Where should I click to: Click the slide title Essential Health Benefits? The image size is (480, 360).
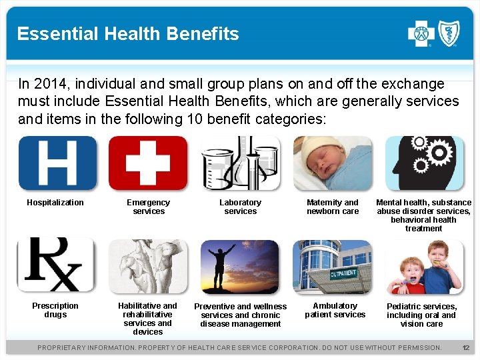pyautogui.click(x=128, y=34)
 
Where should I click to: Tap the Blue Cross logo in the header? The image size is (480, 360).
pyautogui.click(x=421, y=33)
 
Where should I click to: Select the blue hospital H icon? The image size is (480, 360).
pyautogui.click(x=57, y=163)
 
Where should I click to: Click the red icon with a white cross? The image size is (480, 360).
pyautogui.click(x=148, y=163)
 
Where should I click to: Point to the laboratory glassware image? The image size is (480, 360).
pyautogui.click(x=241, y=163)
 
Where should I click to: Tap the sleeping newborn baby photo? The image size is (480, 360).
pyautogui.click(x=333, y=163)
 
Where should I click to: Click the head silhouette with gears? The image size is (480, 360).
pyautogui.click(x=425, y=163)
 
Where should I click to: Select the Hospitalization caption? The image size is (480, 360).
pyautogui.click(x=55, y=203)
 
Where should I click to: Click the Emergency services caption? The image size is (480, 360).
pyautogui.click(x=149, y=207)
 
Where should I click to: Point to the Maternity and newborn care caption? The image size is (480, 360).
pyautogui.click(x=333, y=207)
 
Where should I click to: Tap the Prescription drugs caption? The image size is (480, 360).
pyautogui.click(x=55, y=310)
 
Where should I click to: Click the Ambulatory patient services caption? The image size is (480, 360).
pyautogui.click(x=335, y=310)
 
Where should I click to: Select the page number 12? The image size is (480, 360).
pyautogui.click(x=466, y=347)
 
